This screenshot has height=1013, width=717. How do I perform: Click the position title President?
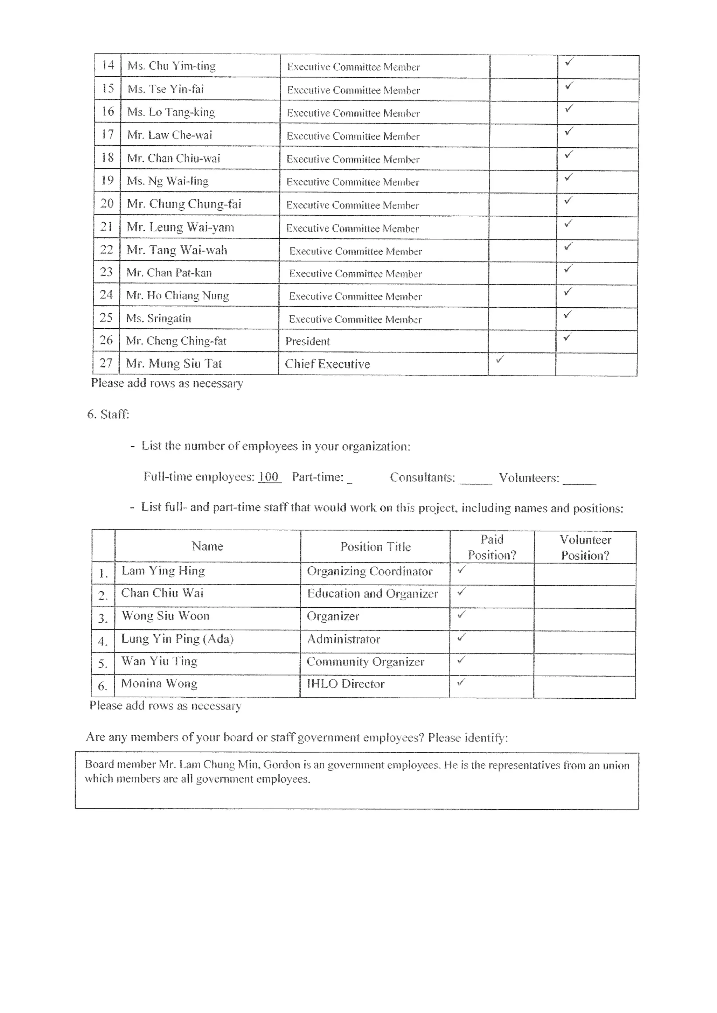[307, 341]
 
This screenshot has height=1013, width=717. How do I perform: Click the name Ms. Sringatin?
[159, 318]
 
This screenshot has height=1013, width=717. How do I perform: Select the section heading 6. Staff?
[108, 414]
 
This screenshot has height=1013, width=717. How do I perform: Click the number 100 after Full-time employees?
[269, 477]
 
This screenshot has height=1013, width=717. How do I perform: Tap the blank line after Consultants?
[475, 481]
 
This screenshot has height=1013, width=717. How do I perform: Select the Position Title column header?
[375, 547]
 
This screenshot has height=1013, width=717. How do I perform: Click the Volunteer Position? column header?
[585, 547]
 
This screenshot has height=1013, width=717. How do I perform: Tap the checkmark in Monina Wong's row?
[461, 683]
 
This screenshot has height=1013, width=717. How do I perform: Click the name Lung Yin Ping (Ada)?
[177, 639]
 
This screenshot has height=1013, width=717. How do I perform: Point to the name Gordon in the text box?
[281, 764]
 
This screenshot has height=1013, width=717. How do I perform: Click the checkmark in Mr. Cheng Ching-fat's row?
[568, 337]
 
